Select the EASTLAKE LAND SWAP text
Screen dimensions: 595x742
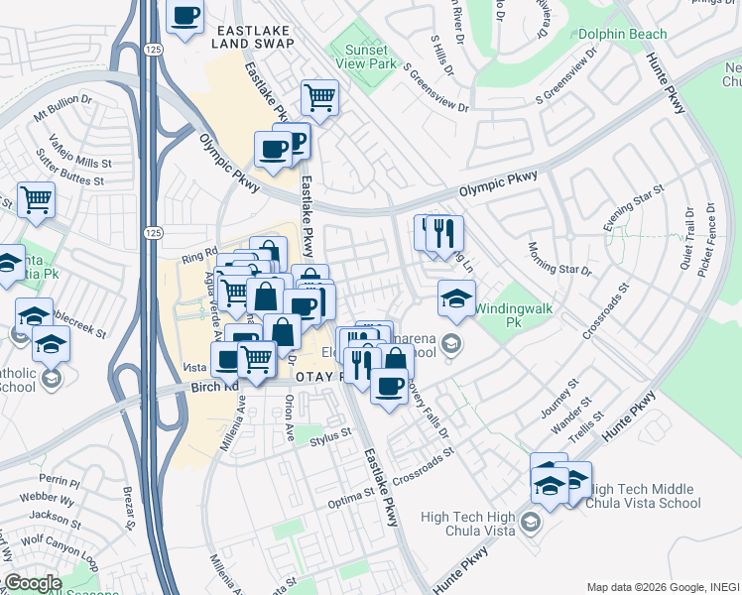(x=253, y=37)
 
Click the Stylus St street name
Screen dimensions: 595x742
(x=330, y=433)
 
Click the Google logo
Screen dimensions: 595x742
(x=32, y=583)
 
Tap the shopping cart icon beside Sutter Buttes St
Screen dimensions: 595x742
(x=36, y=199)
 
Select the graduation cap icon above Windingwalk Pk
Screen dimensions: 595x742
(x=456, y=298)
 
